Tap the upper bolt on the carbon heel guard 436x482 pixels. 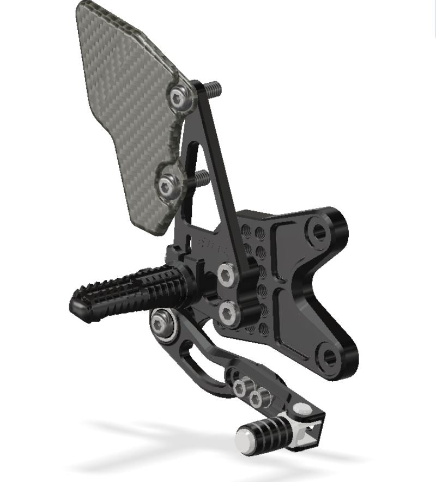(x=178, y=99)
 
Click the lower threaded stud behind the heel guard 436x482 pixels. (x=202, y=178)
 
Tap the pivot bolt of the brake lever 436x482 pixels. (x=161, y=326)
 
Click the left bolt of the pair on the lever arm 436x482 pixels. (x=240, y=388)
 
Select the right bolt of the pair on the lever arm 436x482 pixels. (x=256, y=399)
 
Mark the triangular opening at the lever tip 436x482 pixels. (x=310, y=434)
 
